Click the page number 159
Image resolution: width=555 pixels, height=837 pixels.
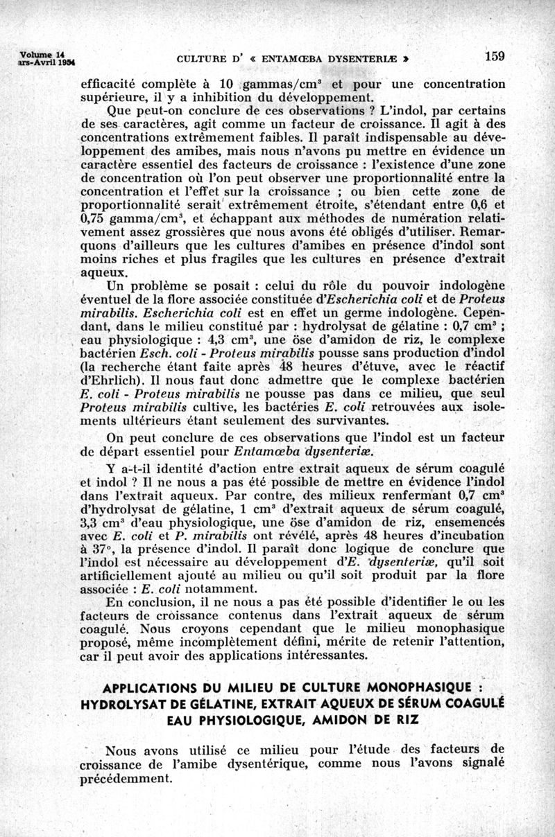495,57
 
